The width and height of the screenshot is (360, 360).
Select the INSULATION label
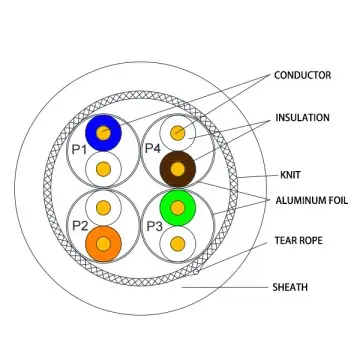[x=303, y=118]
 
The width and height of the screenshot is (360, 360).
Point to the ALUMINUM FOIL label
[x=310, y=200]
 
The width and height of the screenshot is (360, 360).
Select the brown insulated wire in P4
[x=178, y=168]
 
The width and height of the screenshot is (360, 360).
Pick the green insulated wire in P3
[x=177, y=206]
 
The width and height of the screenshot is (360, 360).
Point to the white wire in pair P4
[x=177, y=131]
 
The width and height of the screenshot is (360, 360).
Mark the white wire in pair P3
[x=177, y=243]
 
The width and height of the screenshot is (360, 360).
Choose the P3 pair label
[x=154, y=225]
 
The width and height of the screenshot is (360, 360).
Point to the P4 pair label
[x=154, y=150]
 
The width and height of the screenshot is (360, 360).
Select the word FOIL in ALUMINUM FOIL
[x=334, y=200]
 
